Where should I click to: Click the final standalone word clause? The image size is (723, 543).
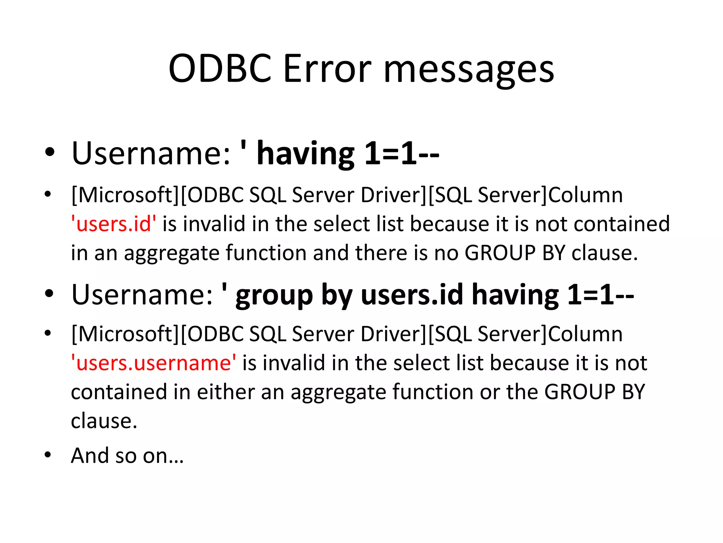[x=104, y=421]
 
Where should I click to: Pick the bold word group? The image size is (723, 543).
[x=274, y=296]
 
